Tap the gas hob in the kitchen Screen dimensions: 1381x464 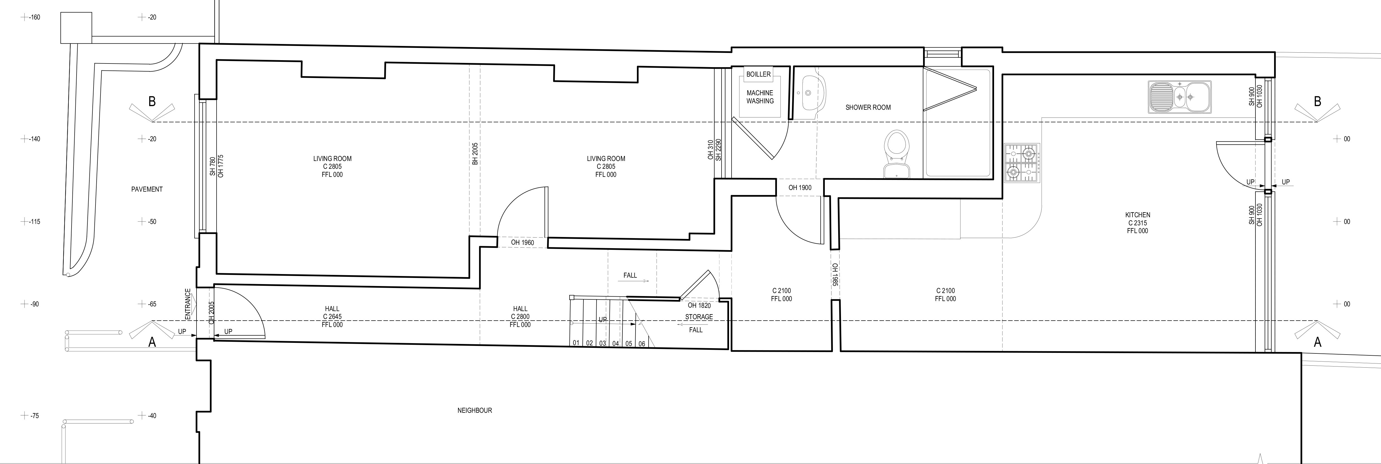pyautogui.click(x=1022, y=163)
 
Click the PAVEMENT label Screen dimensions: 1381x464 pyautogui.click(x=147, y=189)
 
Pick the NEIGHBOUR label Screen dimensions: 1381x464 pyautogui.click(x=474, y=410)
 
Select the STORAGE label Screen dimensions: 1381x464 pyautogui.click(x=699, y=317)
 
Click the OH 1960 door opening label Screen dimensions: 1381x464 pyautogui.click(x=522, y=243)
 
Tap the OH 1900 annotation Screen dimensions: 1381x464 pyautogui.click(x=800, y=188)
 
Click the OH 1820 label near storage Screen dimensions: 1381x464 pyautogui.click(x=699, y=306)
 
